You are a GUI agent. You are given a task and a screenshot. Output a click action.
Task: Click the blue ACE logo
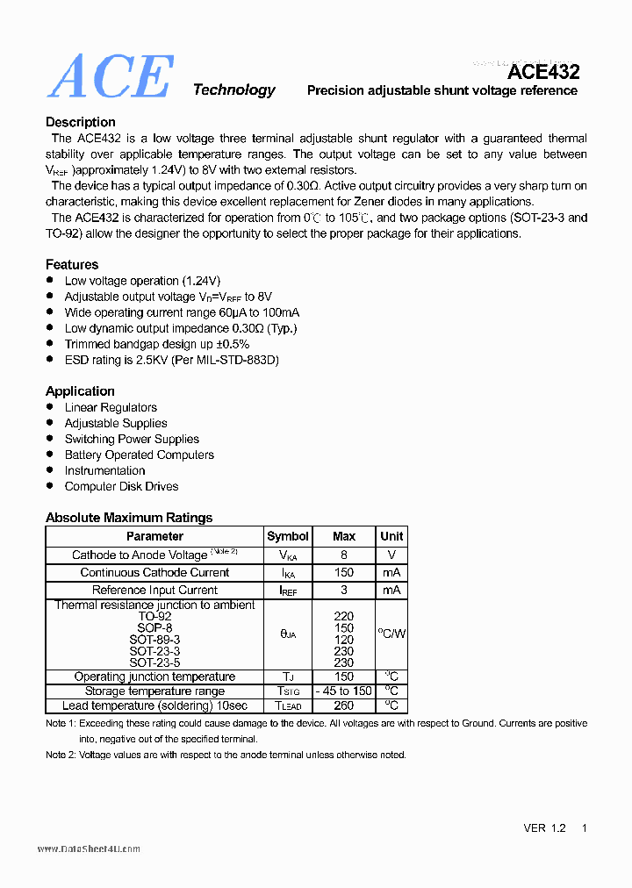[x=110, y=77]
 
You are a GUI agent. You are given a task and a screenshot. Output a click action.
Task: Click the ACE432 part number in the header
[x=543, y=72]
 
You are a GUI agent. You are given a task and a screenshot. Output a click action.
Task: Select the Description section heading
[x=81, y=122]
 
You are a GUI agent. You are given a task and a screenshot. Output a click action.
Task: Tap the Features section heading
[x=72, y=264]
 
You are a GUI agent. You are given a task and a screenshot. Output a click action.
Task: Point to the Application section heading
[x=80, y=390]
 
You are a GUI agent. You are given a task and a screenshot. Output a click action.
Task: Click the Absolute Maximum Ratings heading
[x=129, y=517]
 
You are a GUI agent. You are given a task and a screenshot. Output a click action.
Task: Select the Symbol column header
[x=288, y=536]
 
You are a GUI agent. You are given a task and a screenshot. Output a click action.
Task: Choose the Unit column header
[x=391, y=536]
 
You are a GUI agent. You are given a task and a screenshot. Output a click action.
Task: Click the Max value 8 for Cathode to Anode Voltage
[x=344, y=555]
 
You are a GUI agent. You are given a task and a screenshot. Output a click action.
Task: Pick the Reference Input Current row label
[x=154, y=590]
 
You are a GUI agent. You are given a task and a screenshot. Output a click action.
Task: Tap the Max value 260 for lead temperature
[x=344, y=705]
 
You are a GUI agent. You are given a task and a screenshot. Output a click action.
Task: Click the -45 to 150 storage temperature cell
[x=344, y=691]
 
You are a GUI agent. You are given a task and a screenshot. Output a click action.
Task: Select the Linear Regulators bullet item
[x=111, y=407]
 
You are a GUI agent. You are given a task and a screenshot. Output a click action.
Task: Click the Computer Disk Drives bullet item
[x=121, y=486]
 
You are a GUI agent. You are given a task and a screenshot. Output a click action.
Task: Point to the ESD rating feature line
[x=172, y=360]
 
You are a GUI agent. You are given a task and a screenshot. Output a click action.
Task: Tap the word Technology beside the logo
[x=233, y=90]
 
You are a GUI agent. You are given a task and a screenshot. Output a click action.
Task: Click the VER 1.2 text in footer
[x=544, y=827]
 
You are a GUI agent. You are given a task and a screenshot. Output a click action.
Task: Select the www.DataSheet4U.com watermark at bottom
[x=89, y=849]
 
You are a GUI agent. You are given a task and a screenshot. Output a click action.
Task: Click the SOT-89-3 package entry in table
[x=154, y=640]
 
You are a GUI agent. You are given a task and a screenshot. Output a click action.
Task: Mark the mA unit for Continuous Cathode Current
[x=391, y=572]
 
